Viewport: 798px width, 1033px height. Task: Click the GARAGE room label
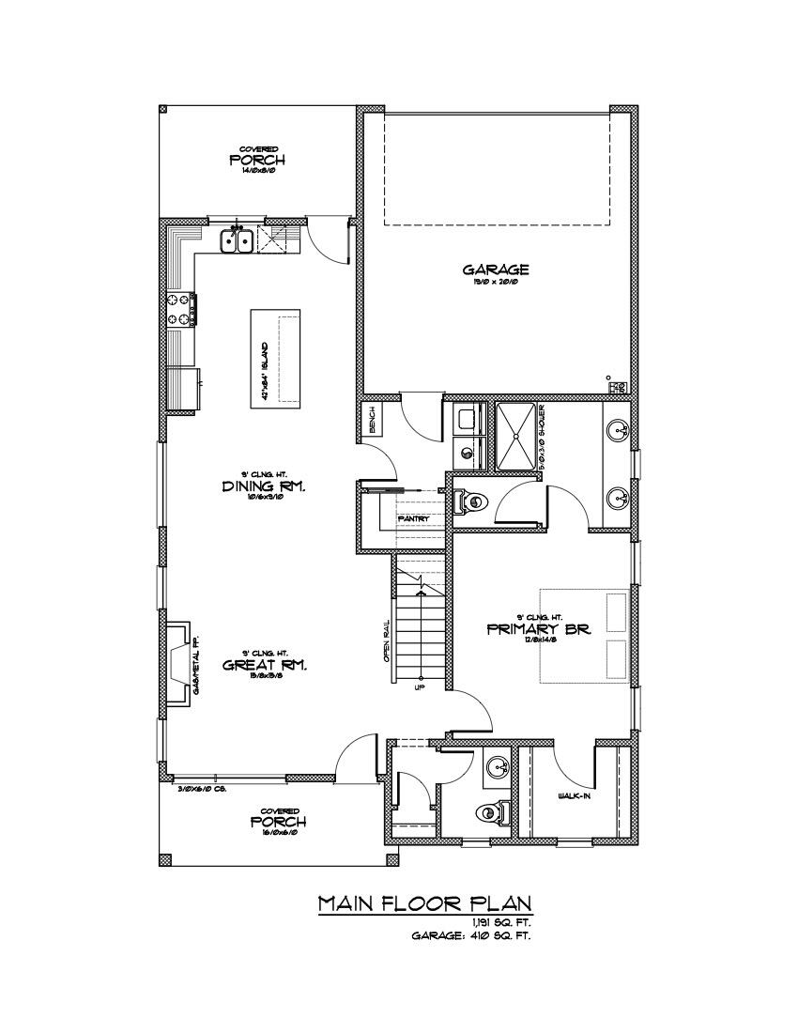(x=496, y=270)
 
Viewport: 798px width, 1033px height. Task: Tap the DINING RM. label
(x=266, y=486)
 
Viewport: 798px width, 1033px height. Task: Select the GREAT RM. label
(x=266, y=665)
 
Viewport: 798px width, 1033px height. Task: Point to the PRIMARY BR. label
(x=539, y=629)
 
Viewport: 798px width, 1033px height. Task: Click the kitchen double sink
(x=237, y=241)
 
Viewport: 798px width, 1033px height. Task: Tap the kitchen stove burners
(x=178, y=309)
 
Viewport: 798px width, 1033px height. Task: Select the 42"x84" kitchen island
(x=275, y=359)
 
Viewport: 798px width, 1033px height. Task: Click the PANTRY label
(x=413, y=518)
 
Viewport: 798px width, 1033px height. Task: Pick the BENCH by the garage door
(x=372, y=420)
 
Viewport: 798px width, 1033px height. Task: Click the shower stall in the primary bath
(x=515, y=435)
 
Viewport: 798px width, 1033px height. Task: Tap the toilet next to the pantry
(x=470, y=502)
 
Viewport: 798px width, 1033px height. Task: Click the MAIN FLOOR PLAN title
(x=425, y=903)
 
